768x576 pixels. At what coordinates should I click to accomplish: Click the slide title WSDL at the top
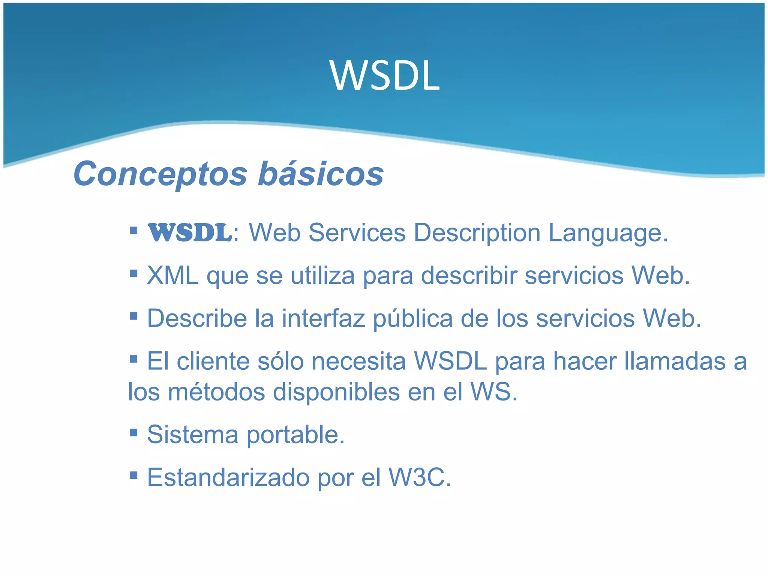[385, 76]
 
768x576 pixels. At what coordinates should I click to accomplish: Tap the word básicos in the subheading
[321, 174]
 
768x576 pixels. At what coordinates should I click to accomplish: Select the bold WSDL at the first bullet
[190, 233]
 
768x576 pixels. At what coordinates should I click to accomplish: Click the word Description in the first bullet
[477, 233]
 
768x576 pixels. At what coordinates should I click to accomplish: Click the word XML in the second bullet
[173, 276]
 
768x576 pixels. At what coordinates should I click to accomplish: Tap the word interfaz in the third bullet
[324, 318]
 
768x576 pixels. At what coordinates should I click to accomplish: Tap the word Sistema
[192, 435]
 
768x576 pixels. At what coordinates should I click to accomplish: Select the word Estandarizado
[228, 477]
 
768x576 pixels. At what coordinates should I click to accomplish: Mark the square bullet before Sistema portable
[133, 433]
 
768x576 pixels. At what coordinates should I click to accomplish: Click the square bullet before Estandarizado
[133, 476]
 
